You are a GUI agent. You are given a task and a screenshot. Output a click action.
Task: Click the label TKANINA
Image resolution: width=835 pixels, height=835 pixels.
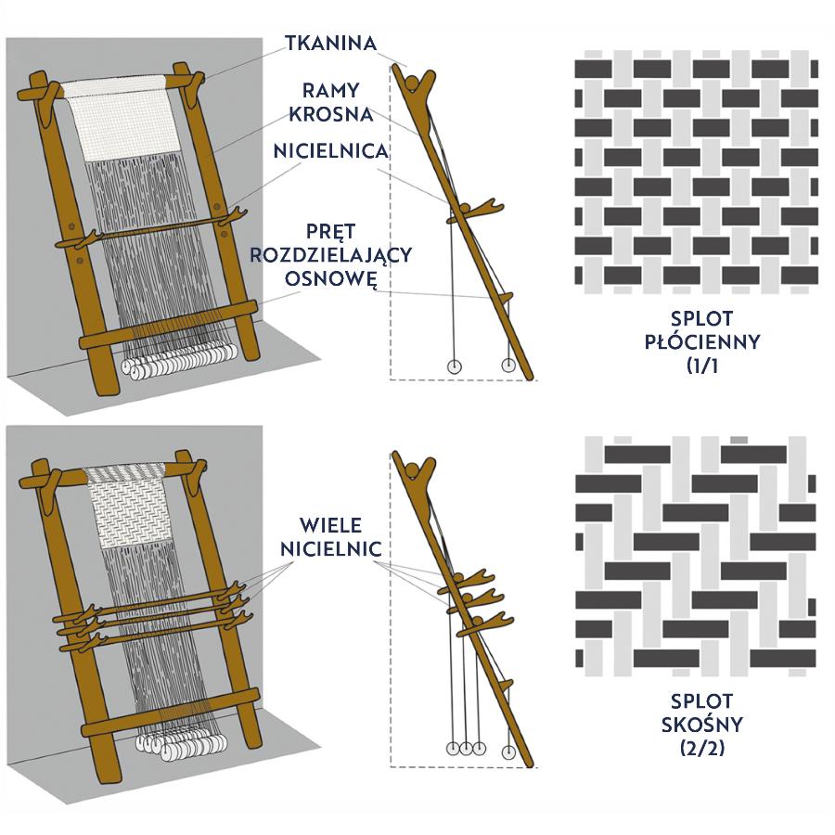331,44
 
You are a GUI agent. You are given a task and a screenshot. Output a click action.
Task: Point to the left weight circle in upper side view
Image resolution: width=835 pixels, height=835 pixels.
455,366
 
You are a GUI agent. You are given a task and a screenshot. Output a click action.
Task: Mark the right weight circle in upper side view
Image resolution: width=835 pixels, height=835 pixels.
508,365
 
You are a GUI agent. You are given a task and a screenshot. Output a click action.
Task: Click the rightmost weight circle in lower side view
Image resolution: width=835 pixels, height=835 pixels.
508,750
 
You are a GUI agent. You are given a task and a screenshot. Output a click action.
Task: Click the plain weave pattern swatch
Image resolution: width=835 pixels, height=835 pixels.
696,172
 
